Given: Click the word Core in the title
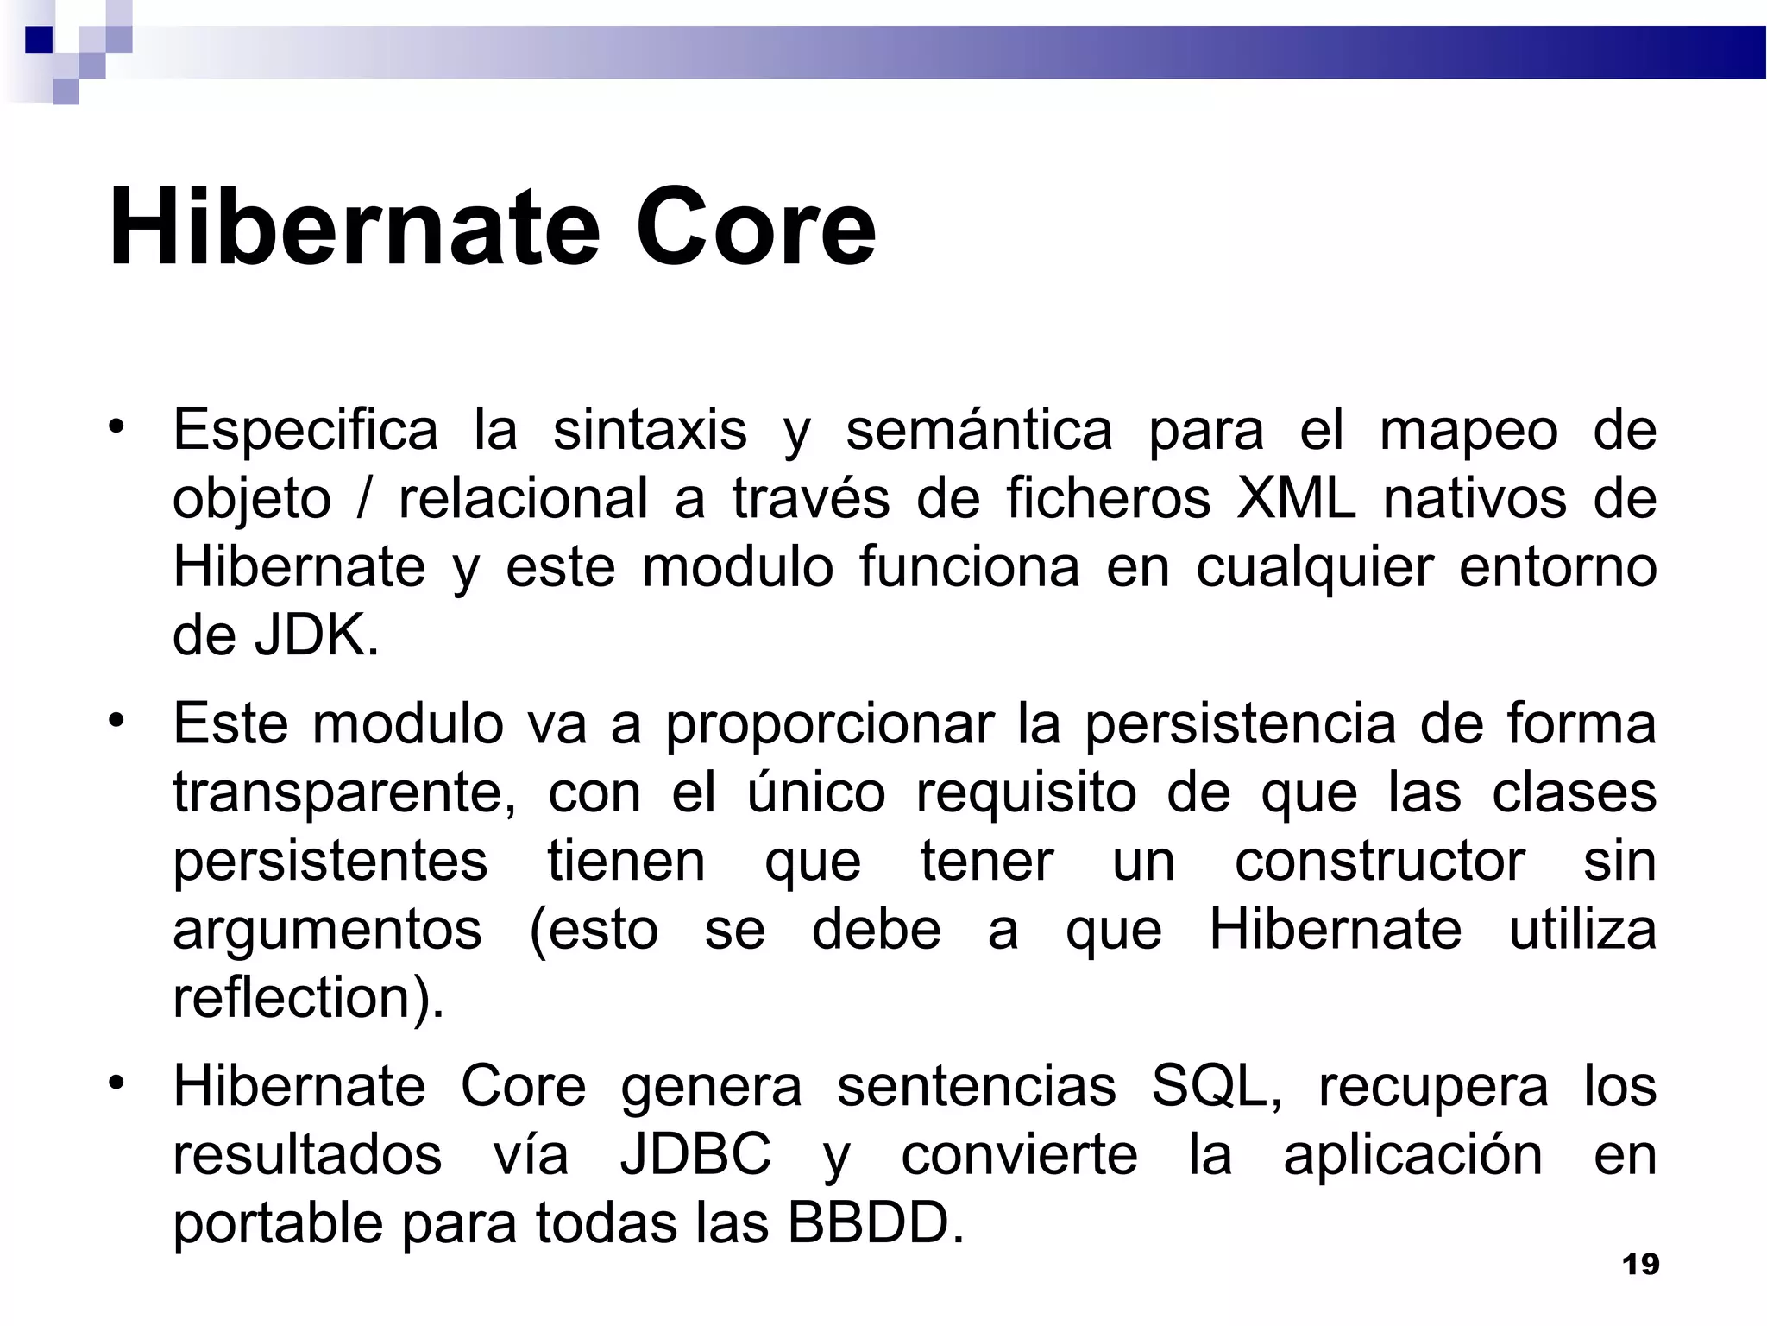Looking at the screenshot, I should click(x=755, y=228).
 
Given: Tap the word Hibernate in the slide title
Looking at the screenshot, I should click(x=354, y=228).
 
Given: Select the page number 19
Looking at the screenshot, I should click(x=1640, y=1265).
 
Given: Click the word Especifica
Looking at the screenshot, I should click(x=305, y=430).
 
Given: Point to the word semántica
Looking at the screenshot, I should click(x=978, y=430).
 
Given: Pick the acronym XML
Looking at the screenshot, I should click(x=1296, y=499).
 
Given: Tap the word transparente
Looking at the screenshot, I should click(x=343, y=792).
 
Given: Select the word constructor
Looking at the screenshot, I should click(x=1379, y=861).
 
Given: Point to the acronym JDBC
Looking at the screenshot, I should click(x=695, y=1155).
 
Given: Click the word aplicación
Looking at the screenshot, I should click(x=1412, y=1155).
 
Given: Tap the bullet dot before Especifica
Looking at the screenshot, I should click(x=117, y=425).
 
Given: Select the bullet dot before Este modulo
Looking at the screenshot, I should click(x=117, y=718).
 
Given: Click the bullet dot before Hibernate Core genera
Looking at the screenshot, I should click(x=117, y=1081).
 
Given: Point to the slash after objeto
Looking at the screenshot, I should click(x=364, y=499).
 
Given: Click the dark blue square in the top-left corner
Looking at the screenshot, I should click(x=38, y=40).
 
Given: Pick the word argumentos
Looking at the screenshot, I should click(x=327, y=930).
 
